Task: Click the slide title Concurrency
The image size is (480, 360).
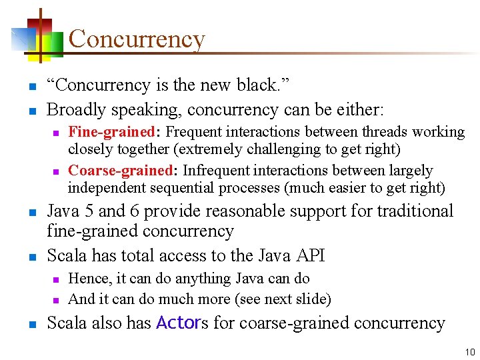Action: pos(136,39)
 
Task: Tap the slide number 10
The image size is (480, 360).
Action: pos(470,351)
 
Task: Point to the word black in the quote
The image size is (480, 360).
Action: pos(249,85)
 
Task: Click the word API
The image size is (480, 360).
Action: pos(308,255)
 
